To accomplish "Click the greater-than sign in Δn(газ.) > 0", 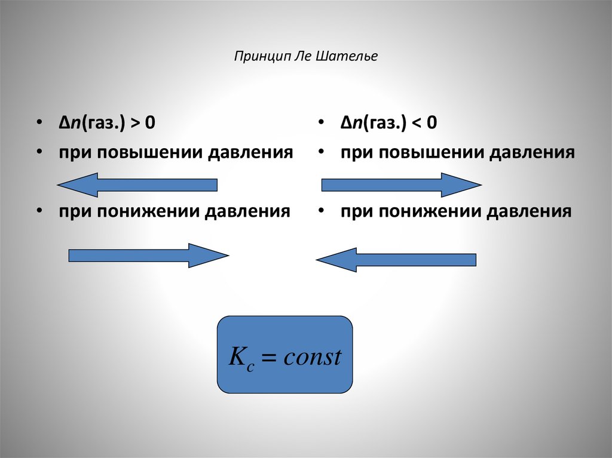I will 136,124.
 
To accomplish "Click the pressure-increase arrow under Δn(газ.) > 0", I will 137,185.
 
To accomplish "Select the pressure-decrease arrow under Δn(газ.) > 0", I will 149,256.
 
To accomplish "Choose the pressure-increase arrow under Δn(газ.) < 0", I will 401,185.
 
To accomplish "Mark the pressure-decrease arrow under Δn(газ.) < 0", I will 396,260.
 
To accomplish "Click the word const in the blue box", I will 312,357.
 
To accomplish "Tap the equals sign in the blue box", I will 268,358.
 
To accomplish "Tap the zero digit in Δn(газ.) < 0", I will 432,124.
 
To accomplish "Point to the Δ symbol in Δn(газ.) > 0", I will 63,124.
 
